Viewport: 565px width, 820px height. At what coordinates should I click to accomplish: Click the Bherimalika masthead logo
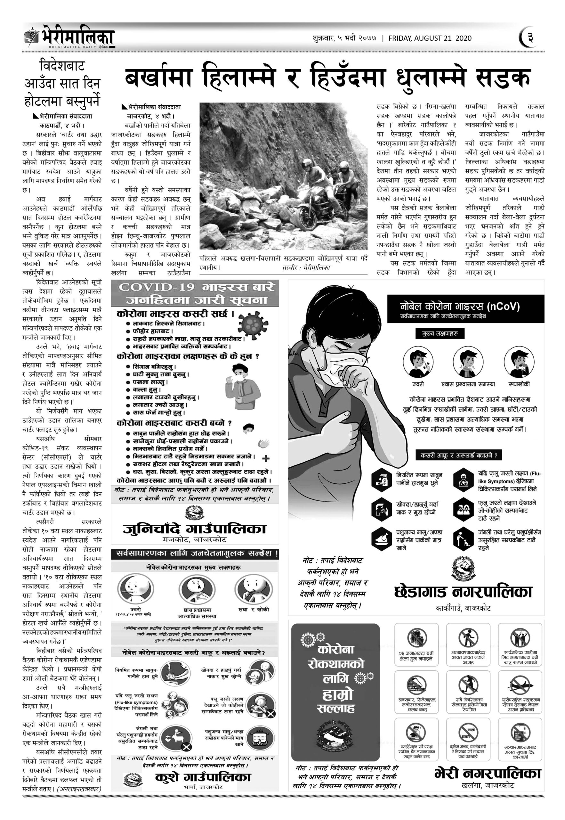pos(69,37)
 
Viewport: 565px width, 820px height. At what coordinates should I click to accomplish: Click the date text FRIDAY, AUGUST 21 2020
pos(430,38)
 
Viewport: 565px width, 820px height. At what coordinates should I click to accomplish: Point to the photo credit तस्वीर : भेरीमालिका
pos(306,268)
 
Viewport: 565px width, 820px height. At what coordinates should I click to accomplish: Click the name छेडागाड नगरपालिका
pos(463,592)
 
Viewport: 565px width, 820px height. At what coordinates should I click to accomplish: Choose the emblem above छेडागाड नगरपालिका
pos(464,569)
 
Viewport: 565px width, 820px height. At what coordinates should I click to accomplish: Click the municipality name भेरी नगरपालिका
pos(488,773)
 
